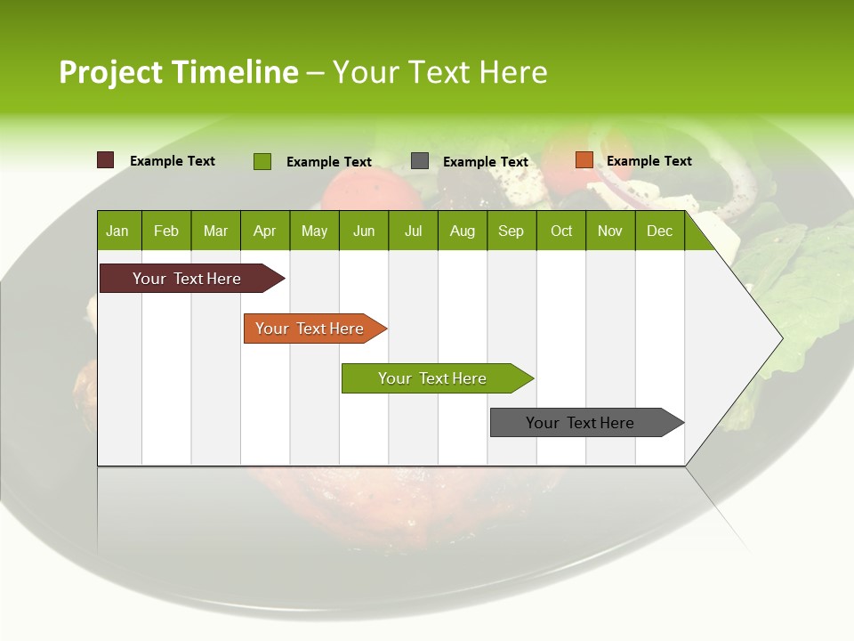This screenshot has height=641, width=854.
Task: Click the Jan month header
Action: [x=117, y=231]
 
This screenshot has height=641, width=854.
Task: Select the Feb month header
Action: [x=166, y=231]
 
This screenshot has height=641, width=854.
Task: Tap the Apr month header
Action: [x=264, y=231]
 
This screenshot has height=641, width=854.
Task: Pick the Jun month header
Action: [x=364, y=231]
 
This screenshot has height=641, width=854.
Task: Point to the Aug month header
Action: [x=463, y=231]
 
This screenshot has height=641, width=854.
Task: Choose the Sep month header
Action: [x=511, y=231]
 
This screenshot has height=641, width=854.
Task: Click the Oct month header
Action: [x=561, y=231]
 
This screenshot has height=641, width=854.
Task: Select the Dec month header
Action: [x=659, y=231]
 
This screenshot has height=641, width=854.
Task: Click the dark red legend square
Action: [x=106, y=160]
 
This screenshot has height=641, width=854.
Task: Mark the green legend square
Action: [x=262, y=161]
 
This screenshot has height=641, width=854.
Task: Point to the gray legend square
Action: [x=420, y=161]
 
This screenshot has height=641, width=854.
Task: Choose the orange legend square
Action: [x=584, y=160]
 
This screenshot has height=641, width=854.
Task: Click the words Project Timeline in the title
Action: [x=179, y=72]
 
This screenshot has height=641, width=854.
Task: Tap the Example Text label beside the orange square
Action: [x=649, y=161]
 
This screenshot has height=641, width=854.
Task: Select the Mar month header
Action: [x=215, y=231]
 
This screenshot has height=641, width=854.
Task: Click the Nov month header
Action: [x=610, y=231]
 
